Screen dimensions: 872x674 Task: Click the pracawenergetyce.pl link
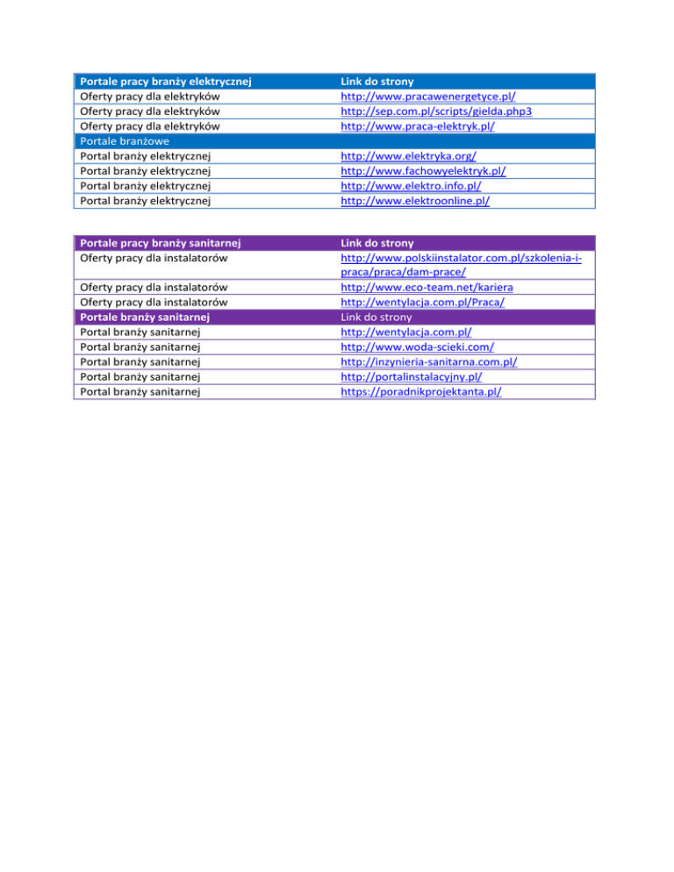(x=427, y=96)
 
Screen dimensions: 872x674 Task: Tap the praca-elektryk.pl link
(x=418, y=126)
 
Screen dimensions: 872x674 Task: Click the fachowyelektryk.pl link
(x=423, y=171)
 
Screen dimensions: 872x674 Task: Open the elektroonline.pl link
(x=415, y=201)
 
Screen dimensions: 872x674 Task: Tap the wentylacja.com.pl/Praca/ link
(x=422, y=302)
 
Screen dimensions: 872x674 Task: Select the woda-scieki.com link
(x=417, y=347)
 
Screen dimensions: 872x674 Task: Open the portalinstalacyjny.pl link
(x=411, y=376)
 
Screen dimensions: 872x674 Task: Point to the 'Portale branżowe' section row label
(x=124, y=141)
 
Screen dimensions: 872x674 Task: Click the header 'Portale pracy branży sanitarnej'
(x=161, y=242)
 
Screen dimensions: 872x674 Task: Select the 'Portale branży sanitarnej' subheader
(x=148, y=317)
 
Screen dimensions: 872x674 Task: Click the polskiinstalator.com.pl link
(x=460, y=257)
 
